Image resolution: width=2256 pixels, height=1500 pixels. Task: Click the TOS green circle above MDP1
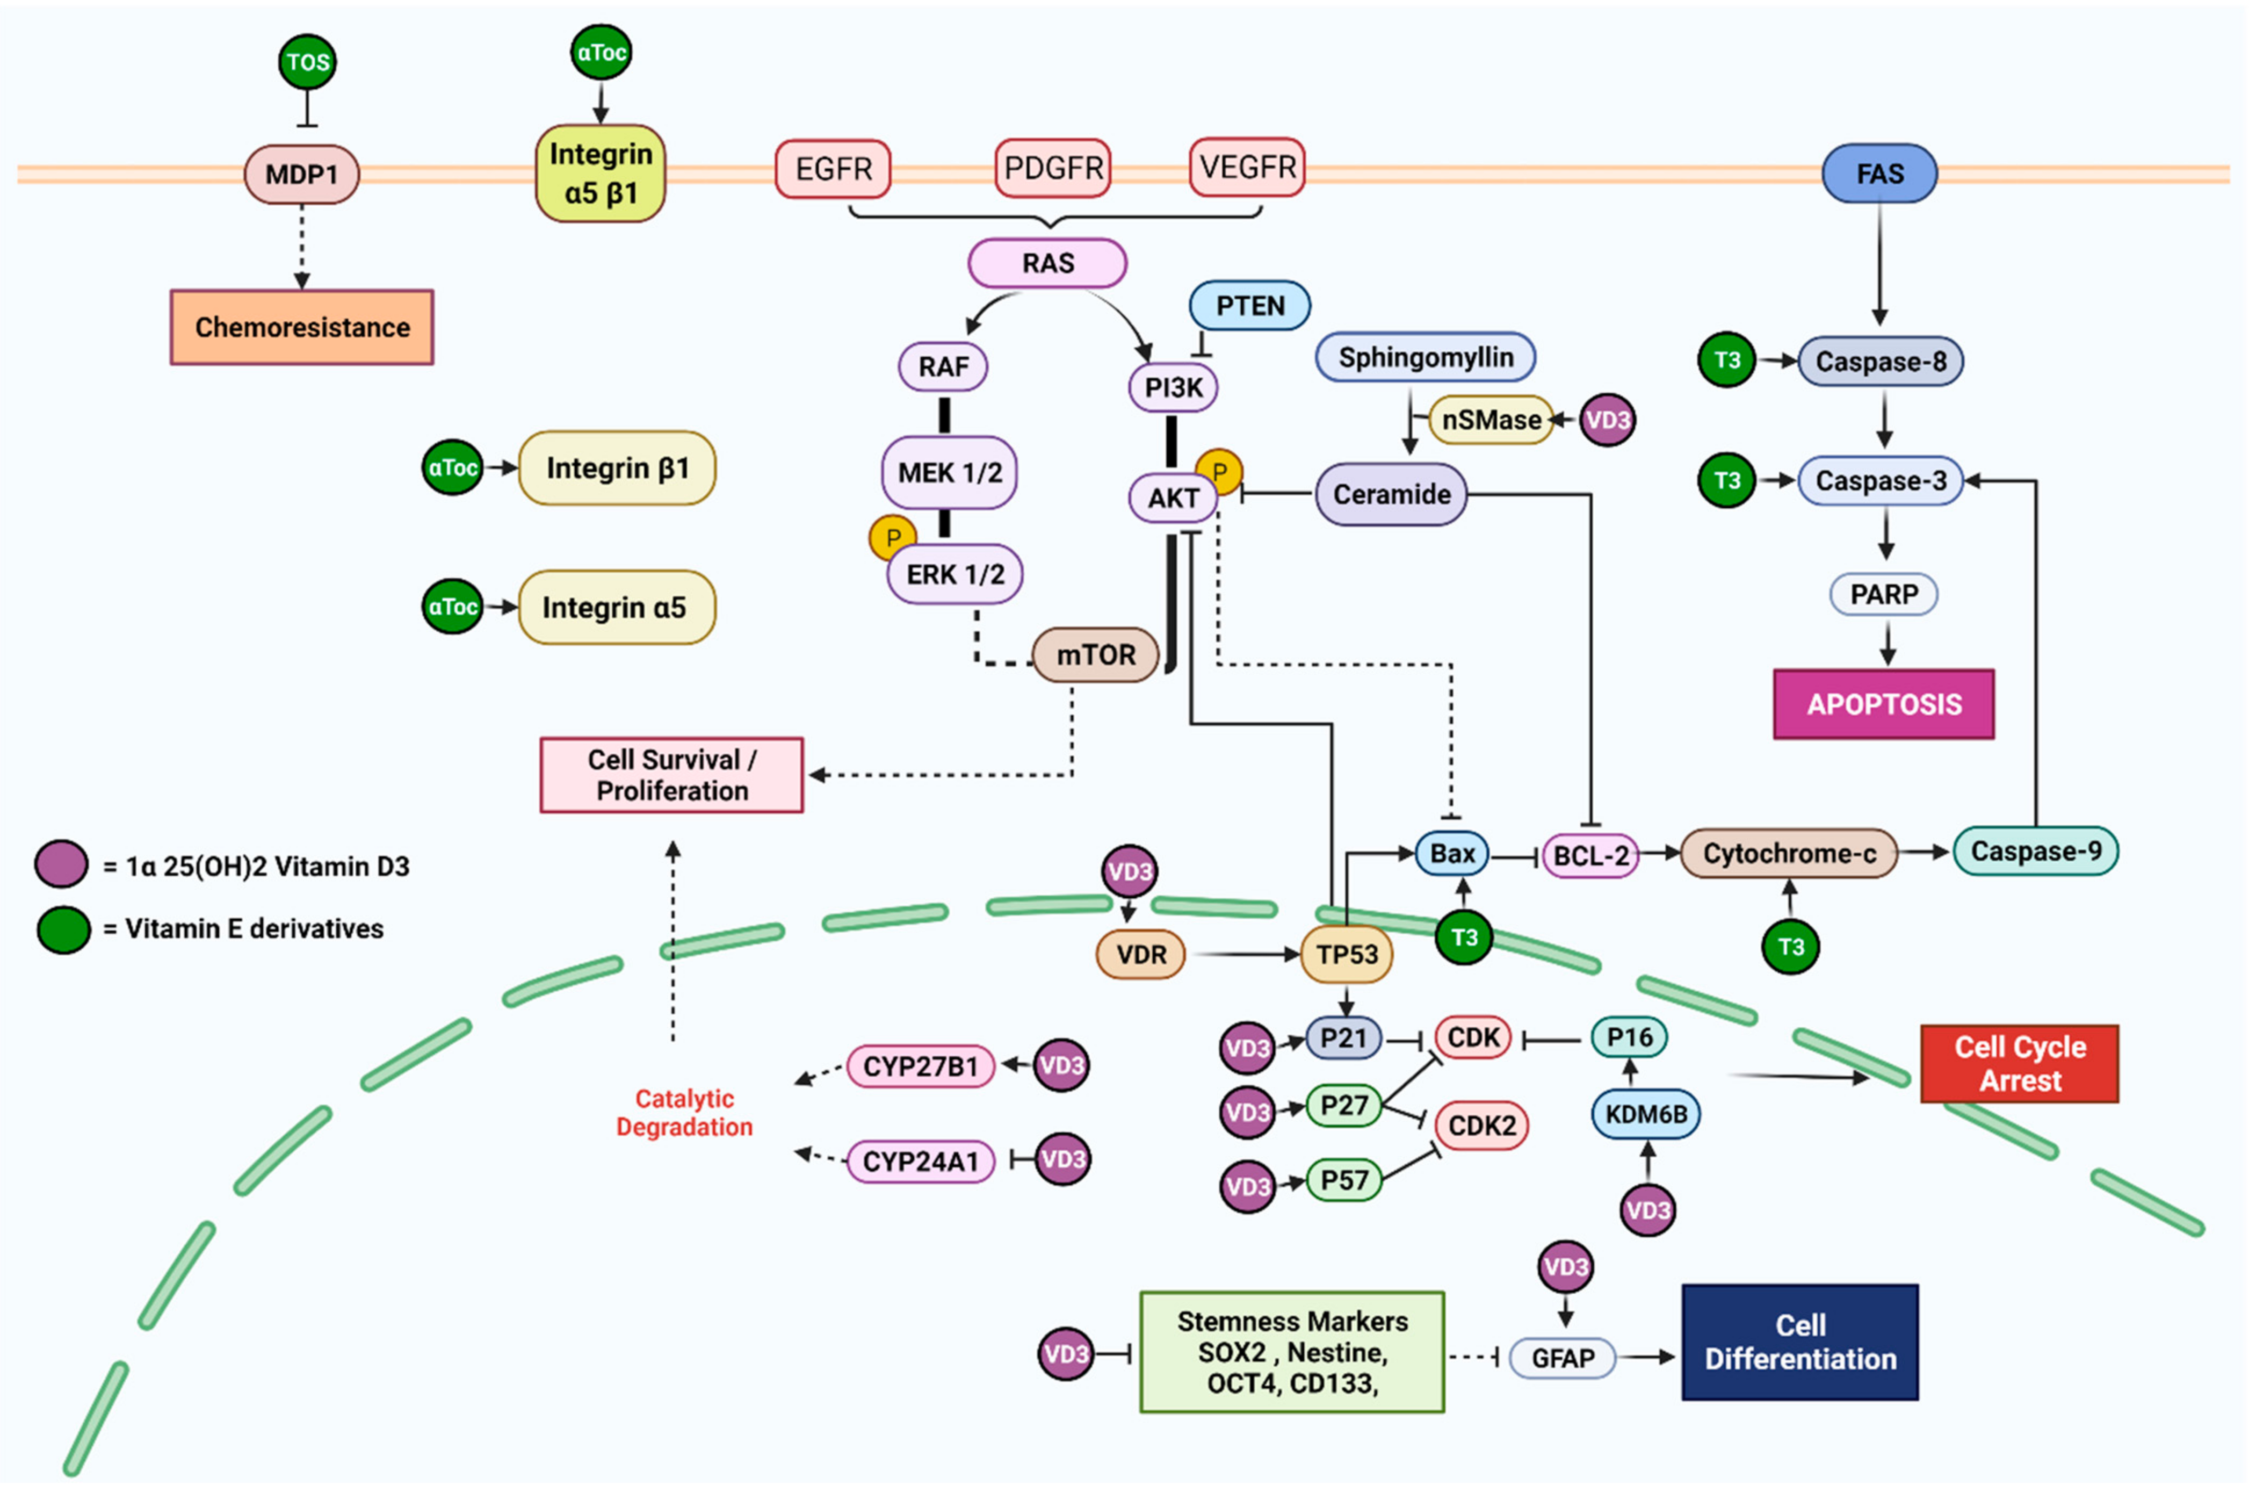pos(307,62)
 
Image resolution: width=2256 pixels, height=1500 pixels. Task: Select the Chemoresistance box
pos(302,327)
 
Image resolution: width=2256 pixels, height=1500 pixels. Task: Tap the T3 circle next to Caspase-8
pos(1726,360)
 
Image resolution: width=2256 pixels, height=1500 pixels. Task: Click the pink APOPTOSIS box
pos(1883,705)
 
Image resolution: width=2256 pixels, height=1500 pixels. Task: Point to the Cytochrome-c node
pos(1788,853)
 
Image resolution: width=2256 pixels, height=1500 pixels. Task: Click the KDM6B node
pos(1645,1114)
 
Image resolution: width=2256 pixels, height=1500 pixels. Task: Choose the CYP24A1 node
pos(920,1162)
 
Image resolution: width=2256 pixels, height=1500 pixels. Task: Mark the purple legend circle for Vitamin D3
pos(62,864)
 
